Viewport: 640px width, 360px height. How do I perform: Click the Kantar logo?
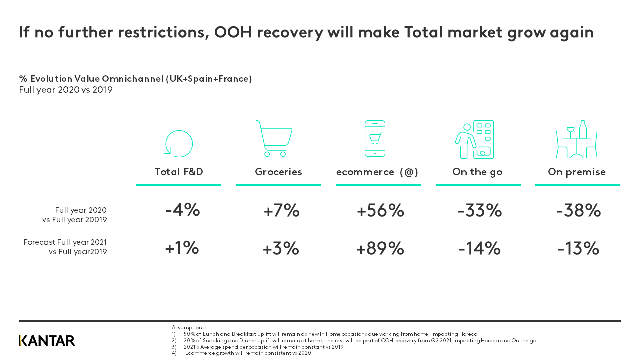point(47,341)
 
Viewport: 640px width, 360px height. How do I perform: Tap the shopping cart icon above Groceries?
point(274,139)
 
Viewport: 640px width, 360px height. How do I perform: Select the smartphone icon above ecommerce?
point(375,138)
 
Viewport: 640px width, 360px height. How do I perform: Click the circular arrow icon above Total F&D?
point(178,144)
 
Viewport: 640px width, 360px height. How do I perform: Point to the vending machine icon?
point(475,140)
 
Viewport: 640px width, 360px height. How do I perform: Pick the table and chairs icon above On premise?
point(577,139)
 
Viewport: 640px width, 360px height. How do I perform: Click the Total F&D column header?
point(179,172)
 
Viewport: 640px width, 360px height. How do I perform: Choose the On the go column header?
point(477,172)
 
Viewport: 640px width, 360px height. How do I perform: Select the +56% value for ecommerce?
point(380,211)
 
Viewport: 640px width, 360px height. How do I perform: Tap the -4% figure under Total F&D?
point(182,210)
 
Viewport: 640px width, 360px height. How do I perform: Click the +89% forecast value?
point(380,248)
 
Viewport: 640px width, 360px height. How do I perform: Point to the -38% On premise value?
point(578,211)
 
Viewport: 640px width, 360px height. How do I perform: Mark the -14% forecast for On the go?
point(479,248)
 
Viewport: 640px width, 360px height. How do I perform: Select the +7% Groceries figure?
point(281,211)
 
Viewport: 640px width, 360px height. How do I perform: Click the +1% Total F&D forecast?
point(182,248)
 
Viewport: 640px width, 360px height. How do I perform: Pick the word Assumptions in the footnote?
point(189,327)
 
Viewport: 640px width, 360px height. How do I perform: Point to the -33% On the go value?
point(479,211)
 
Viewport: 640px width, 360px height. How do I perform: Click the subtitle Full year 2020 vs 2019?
point(66,90)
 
